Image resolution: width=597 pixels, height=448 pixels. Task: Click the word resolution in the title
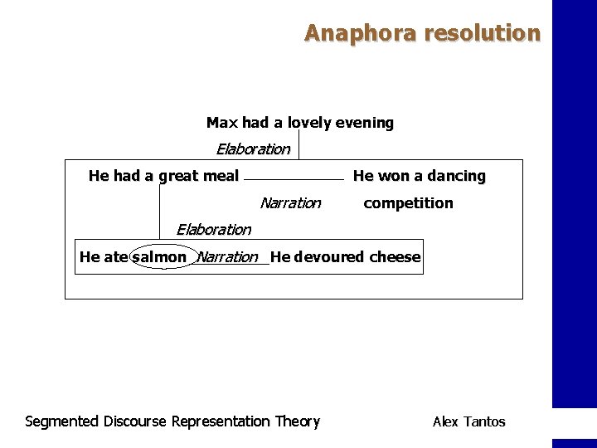(482, 33)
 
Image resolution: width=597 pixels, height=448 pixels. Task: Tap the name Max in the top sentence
(221, 123)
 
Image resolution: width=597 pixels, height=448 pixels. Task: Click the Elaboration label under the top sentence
(253, 149)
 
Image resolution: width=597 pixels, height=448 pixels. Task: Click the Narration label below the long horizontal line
(290, 203)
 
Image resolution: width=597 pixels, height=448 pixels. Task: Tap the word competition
(409, 203)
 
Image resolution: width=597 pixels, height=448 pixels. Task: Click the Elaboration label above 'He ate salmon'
(213, 230)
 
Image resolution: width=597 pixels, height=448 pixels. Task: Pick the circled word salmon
(159, 257)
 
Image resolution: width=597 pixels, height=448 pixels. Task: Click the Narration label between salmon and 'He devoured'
(227, 257)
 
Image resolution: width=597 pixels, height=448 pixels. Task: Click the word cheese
(395, 257)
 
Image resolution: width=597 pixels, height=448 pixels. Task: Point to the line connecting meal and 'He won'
(294, 179)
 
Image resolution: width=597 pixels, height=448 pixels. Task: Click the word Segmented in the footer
(61, 421)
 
